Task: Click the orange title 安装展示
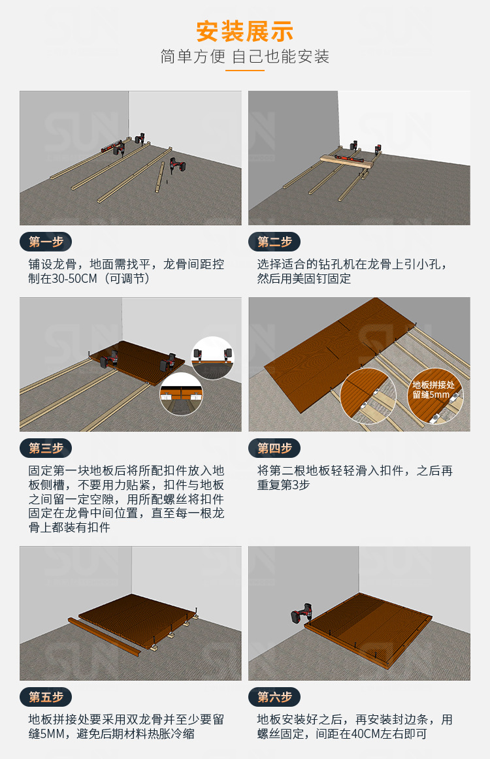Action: click(245, 31)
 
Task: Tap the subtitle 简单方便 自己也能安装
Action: click(245, 56)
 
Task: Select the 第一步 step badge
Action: click(46, 242)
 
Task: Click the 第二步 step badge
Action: click(274, 242)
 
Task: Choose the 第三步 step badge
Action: click(46, 448)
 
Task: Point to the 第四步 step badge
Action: click(274, 448)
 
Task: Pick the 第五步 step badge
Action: click(46, 697)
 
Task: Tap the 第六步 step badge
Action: click(274, 697)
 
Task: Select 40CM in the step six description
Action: click(365, 734)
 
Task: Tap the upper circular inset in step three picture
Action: click(212, 357)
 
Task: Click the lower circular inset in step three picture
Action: click(181, 394)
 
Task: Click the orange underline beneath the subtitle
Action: click(245, 70)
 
